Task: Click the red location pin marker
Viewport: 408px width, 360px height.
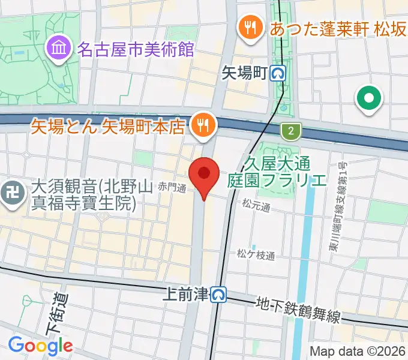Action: pyautogui.click(x=204, y=175)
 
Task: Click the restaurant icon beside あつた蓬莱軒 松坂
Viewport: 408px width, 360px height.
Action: pyautogui.click(x=248, y=27)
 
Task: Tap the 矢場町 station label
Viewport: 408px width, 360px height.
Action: pyautogui.click(x=244, y=73)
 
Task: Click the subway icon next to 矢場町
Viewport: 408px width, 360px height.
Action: pyautogui.click(x=278, y=73)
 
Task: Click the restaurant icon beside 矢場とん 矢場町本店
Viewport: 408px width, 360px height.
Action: pyautogui.click(x=200, y=125)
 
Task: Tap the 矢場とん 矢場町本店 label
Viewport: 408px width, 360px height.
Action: pyautogui.click(x=108, y=127)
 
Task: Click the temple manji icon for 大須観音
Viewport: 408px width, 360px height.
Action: pyautogui.click(x=10, y=193)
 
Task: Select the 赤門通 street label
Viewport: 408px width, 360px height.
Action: pyautogui.click(x=173, y=187)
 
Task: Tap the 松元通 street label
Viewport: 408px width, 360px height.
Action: pyautogui.click(x=257, y=207)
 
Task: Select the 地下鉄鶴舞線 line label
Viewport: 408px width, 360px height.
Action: pyautogui.click(x=290, y=308)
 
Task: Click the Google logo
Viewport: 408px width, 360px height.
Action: pyautogui.click(x=40, y=346)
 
